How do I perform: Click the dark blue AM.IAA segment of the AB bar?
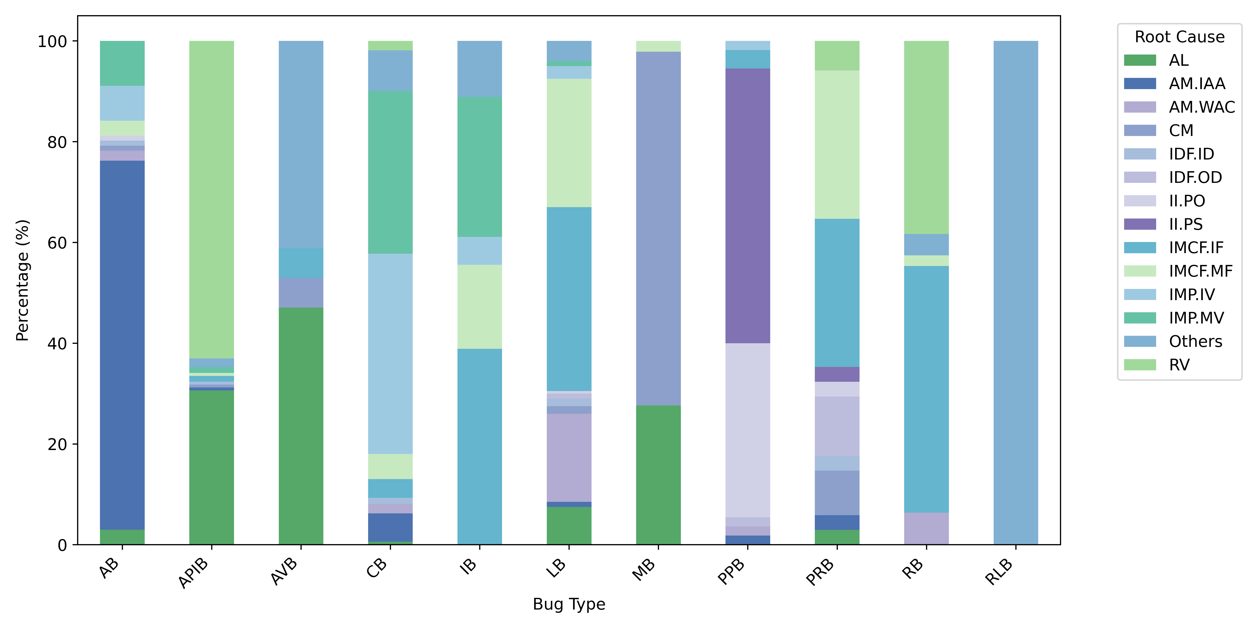[122, 344]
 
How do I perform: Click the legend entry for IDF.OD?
[1195, 177]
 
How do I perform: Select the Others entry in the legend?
[1195, 341]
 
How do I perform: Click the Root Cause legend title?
[1179, 37]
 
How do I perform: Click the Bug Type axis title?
[569, 604]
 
